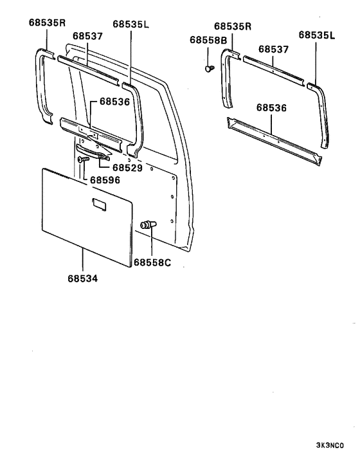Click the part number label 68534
(83, 279)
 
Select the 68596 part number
(105, 181)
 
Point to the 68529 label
(129, 167)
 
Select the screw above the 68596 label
(82, 159)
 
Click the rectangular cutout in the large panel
(100, 204)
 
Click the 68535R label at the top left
(47, 23)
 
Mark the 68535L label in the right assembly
(316, 36)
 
